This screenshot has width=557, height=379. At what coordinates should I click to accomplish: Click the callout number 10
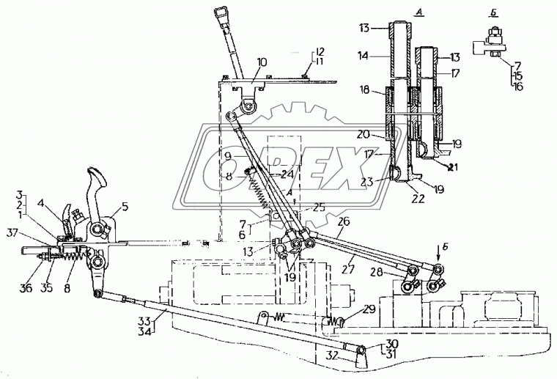pos(262,62)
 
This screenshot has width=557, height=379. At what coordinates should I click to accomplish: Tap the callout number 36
pos(26,287)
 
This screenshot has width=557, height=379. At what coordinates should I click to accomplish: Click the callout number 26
pos(344,221)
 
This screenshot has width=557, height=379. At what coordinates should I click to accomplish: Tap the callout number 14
pos(364,56)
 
